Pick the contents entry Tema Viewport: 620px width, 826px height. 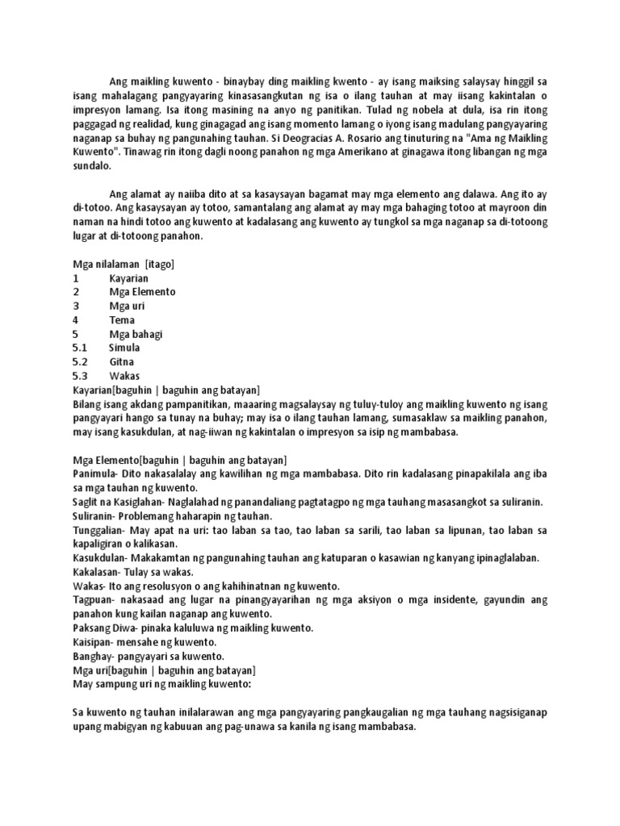(123, 319)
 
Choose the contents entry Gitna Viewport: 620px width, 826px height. (122, 361)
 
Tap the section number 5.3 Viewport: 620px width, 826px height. (80, 376)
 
